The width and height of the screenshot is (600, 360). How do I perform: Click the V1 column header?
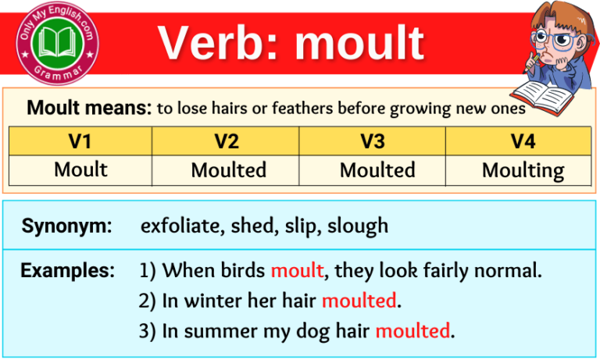[80, 141]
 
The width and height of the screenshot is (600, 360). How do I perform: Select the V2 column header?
[227, 141]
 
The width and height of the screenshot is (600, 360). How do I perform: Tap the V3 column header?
[373, 141]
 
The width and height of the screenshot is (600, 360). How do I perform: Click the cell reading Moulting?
[522, 170]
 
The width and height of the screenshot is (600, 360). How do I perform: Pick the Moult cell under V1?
[80, 169]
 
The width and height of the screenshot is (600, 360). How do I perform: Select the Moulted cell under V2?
[228, 170]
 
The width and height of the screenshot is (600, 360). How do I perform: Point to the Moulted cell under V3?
[377, 170]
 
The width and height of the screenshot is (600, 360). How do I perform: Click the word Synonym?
[66, 226]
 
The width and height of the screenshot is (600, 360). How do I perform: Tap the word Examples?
[67, 271]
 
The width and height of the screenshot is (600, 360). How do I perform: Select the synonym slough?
[358, 226]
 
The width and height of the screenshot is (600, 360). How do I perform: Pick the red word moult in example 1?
[297, 271]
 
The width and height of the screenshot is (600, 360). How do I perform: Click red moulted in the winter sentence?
[359, 300]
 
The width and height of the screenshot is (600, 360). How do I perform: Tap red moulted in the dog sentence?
[412, 330]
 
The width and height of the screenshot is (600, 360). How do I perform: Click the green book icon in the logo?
[59, 39]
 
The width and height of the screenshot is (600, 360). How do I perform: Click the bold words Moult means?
[88, 109]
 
